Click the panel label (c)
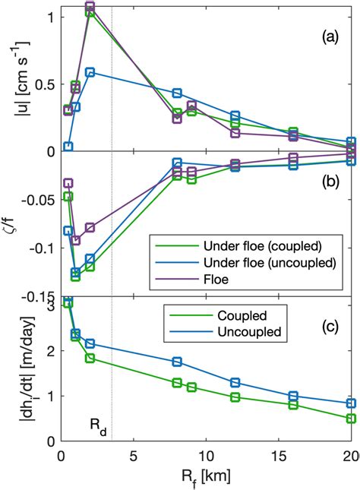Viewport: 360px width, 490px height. [331, 328]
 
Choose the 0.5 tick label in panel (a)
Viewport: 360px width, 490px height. [42, 83]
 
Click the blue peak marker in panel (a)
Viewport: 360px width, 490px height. [90, 72]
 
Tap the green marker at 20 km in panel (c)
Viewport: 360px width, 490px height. [351, 419]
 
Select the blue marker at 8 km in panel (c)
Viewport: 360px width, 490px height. [177, 362]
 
